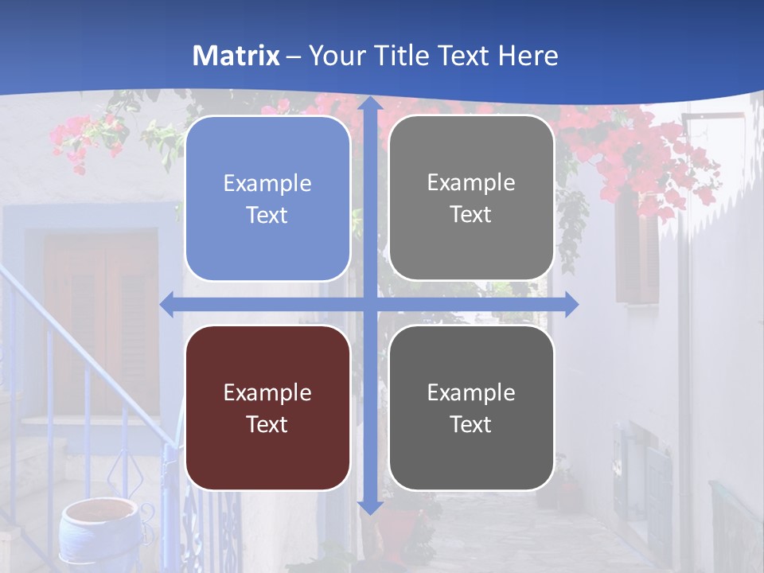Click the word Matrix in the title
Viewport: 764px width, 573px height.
coord(236,56)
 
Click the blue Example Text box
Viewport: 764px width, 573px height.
coord(267,198)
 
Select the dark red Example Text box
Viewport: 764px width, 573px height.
coord(267,407)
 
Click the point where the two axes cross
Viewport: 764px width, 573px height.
coord(369,304)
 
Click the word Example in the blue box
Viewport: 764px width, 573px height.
coord(267,183)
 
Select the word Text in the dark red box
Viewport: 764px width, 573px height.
coord(267,424)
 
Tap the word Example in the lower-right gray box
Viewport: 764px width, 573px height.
coord(471,392)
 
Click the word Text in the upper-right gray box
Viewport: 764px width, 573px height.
coord(471,214)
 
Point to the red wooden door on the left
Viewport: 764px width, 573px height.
coord(100,318)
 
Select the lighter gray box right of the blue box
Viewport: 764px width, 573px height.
coord(471,197)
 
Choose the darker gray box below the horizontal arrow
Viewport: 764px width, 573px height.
coord(471,407)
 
